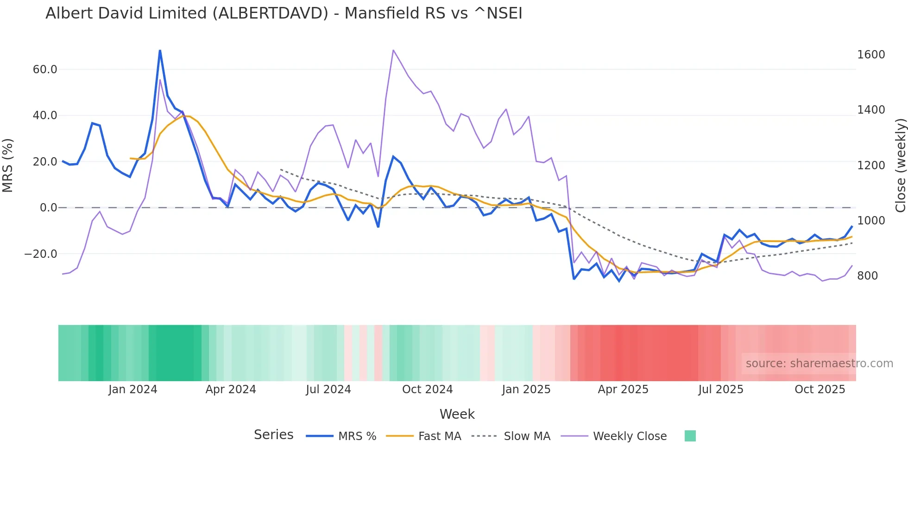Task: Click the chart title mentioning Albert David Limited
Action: [284, 13]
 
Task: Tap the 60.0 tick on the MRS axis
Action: [45, 70]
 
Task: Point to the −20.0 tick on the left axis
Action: [41, 254]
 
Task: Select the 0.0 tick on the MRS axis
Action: [48, 208]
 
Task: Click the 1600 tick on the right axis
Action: [871, 55]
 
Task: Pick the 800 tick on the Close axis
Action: [868, 276]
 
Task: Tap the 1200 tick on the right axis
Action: [871, 166]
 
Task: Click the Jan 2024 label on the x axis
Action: [133, 390]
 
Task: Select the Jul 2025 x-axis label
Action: [721, 390]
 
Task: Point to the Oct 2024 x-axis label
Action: [427, 390]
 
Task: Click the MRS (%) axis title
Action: [8, 165]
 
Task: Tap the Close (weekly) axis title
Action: [900, 166]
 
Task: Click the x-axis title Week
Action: [457, 414]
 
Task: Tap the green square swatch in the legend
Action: [690, 436]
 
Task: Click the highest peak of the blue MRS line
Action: [160, 51]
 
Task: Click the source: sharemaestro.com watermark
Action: [819, 364]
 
